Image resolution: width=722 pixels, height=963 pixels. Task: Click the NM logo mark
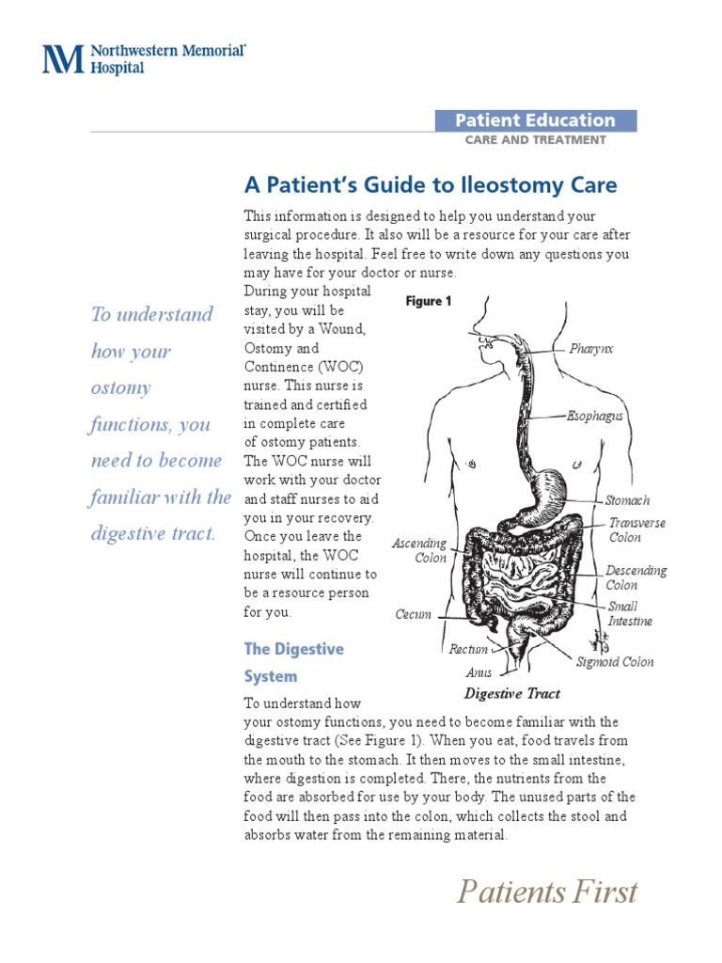(64, 58)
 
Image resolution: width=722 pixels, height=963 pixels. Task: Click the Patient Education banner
(535, 120)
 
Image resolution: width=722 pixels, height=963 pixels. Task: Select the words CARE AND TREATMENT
(536, 140)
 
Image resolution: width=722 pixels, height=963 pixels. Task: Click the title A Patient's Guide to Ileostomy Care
(431, 184)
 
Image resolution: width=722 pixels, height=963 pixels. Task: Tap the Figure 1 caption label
(428, 302)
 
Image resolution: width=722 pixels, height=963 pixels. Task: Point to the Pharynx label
(591, 349)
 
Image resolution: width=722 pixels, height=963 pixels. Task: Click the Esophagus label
(595, 416)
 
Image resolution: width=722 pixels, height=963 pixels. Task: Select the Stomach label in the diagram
(627, 500)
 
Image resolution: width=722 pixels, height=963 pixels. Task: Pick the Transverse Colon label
(636, 530)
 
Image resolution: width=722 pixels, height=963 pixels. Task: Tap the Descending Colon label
(636, 577)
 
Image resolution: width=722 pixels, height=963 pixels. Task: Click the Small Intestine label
(629, 614)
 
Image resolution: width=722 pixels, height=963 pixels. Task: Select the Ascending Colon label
(419, 550)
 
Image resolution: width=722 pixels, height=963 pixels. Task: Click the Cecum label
(414, 615)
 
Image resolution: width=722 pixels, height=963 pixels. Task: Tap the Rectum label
(468, 649)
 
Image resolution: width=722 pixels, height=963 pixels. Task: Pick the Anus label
(479, 672)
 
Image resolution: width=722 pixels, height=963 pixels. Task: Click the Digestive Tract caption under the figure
(512, 694)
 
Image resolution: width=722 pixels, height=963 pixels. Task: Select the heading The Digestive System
(293, 662)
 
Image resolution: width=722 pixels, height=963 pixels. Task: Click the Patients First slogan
(547, 892)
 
